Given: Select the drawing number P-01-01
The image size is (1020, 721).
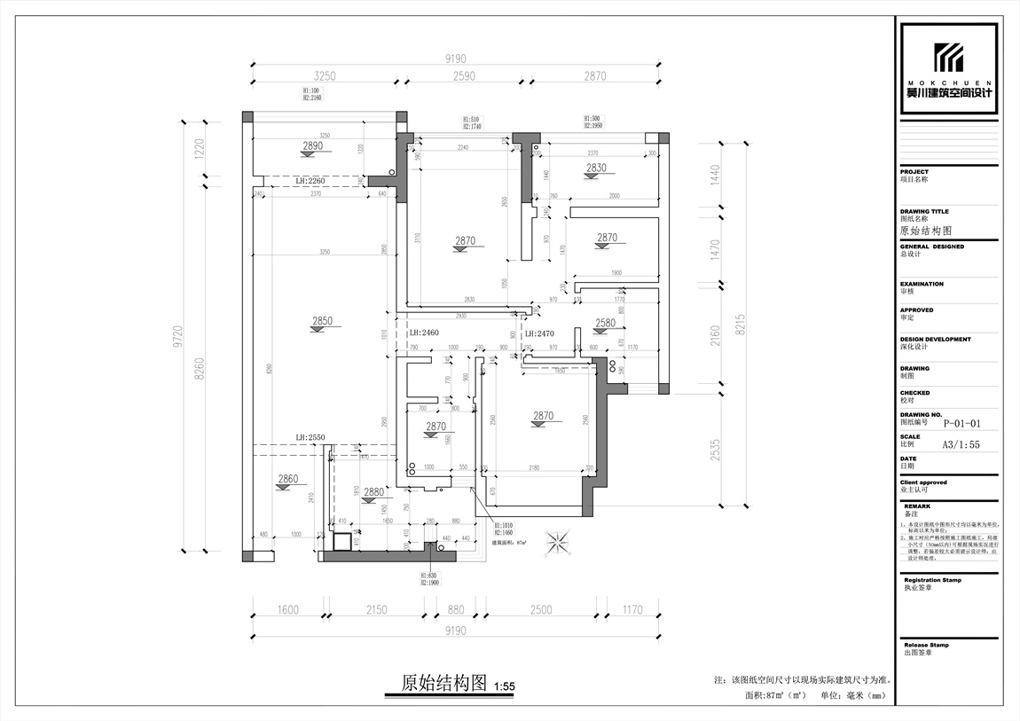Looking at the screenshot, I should (x=961, y=423).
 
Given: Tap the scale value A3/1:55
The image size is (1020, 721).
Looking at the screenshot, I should (x=961, y=445).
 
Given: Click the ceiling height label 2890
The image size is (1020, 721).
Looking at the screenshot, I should (x=312, y=145).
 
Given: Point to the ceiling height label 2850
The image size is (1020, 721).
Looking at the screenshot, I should (x=322, y=321).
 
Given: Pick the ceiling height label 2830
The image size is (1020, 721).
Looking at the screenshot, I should (x=595, y=168).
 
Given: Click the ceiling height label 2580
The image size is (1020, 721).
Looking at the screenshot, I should (x=606, y=324).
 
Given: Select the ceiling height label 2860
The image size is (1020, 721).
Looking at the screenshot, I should (x=288, y=479).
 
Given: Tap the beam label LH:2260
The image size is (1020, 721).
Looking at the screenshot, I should (x=310, y=181).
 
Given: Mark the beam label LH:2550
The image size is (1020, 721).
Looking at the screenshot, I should (x=310, y=438).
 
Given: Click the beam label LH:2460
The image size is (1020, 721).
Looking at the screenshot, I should (x=424, y=333).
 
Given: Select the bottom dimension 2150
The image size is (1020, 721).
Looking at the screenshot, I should (x=377, y=609).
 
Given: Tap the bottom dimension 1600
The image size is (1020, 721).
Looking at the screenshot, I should (x=287, y=609).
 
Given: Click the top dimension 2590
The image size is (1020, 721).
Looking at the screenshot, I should (x=464, y=76).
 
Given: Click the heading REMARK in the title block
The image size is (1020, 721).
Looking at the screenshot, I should (x=917, y=506).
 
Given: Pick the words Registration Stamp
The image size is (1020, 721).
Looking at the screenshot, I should (x=932, y=580).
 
